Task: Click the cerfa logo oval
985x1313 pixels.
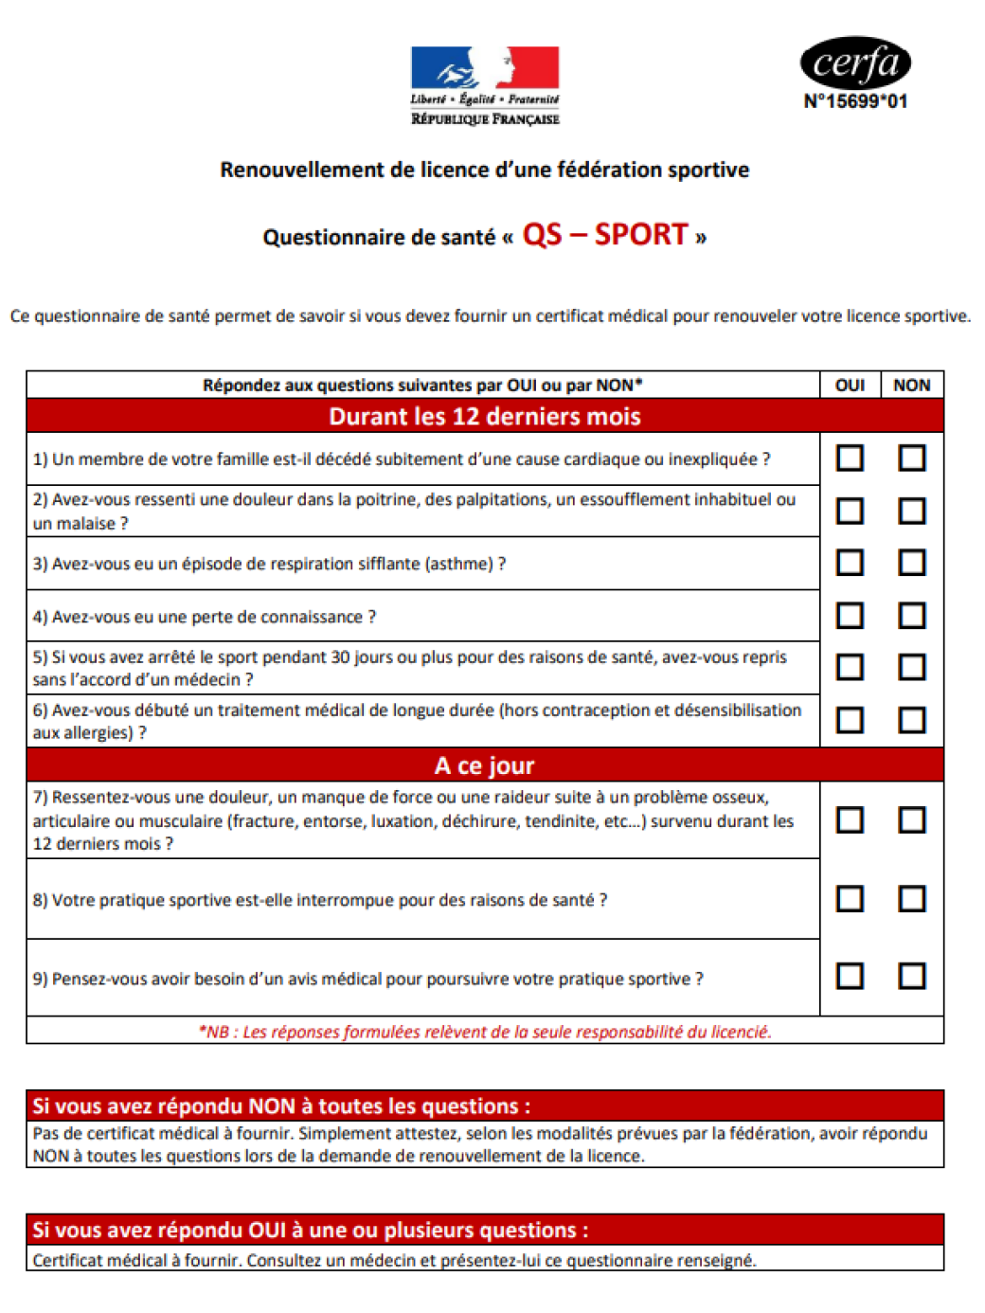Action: (855, 63)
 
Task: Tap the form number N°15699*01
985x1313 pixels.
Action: (855, 101)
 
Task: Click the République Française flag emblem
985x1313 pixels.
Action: (485, 68)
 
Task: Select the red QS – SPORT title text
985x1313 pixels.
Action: (604, 234)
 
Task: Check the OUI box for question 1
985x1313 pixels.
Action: (850, 459)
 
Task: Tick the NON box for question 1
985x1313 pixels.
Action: (911, 459)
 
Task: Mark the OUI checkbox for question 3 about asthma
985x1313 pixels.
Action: (850, 563)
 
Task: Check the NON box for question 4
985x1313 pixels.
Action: (911, 616)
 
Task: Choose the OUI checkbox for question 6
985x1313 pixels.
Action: (850, 720)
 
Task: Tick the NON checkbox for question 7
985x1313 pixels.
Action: (911, 819)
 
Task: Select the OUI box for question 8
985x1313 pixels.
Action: (850, 898)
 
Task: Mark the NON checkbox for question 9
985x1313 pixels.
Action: (911, 976)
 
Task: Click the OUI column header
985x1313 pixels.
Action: (850, 385)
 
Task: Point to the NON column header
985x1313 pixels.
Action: (911, 385)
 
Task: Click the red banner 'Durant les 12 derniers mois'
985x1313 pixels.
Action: (485, 416)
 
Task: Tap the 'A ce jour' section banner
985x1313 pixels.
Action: (485, 764)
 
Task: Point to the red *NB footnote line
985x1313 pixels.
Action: (485, 1032)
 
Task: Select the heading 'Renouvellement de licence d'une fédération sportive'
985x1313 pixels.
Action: (485, 170)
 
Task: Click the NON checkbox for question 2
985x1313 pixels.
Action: (911, 512)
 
